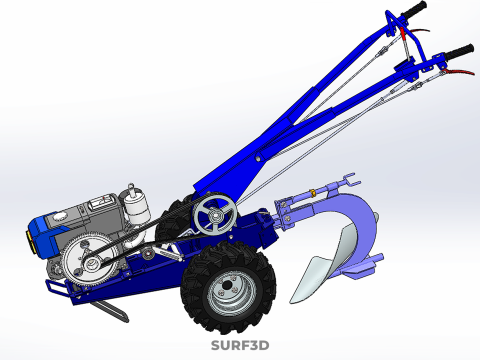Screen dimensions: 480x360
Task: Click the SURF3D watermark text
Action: point(240,346)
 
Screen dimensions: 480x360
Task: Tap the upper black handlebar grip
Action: point(414,11)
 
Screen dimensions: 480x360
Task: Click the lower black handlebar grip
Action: point(459,52)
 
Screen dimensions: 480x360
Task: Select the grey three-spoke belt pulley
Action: point(216,215)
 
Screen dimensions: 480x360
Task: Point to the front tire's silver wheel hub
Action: point(228,287)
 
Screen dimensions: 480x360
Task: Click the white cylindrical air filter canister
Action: point(136,205)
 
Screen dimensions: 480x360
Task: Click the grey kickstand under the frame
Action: point(111,311)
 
